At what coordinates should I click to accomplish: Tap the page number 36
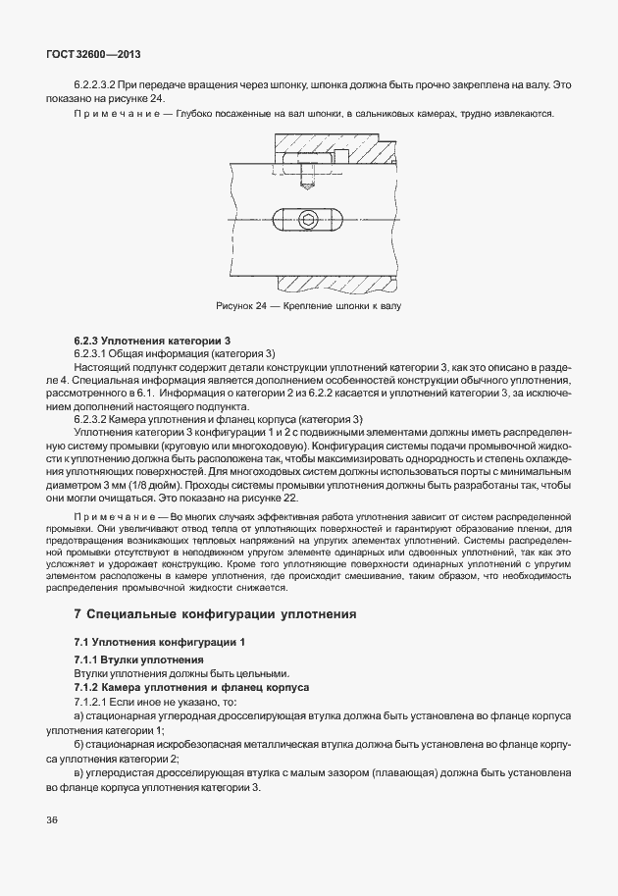[x=51, y=819]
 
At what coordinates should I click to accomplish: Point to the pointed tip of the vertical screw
[x=308, y=188]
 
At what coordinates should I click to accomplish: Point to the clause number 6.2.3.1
[x=93, y=353]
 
